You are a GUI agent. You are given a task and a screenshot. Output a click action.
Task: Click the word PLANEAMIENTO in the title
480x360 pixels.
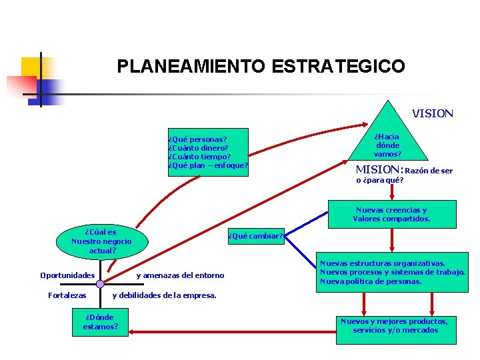point(191,67)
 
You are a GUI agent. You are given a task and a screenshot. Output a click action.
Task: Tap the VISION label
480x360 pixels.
point(432,113)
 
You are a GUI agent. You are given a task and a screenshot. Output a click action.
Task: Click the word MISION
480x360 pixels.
point(379,169)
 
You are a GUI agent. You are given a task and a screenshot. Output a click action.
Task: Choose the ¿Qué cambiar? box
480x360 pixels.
point(256,235)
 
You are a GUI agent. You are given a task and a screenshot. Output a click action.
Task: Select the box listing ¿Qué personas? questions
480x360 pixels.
point(207,152)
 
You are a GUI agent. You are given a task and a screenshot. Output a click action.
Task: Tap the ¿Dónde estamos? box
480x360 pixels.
point(101,322)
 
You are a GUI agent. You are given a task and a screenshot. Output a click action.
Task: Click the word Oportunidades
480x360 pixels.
point(67,275)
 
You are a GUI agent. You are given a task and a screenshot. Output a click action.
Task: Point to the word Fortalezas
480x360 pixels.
point(67,295)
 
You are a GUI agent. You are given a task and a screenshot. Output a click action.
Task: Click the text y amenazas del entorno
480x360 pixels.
point(180,275)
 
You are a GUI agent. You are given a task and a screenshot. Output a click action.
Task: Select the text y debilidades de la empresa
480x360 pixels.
point(164,295)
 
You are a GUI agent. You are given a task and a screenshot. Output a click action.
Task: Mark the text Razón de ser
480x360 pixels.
point(429,171)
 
